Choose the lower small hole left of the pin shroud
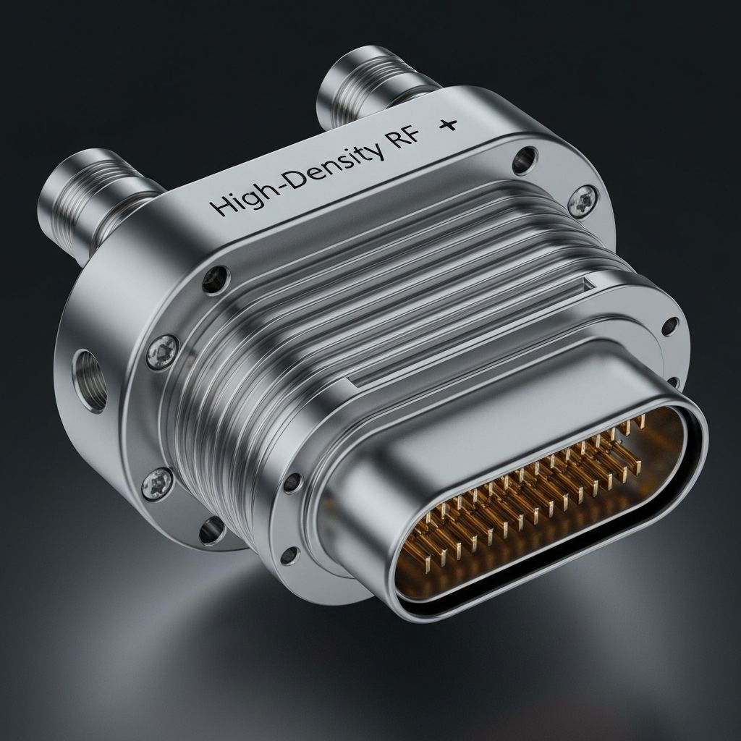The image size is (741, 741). (291, 556)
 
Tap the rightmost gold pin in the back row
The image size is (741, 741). (640, 420)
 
